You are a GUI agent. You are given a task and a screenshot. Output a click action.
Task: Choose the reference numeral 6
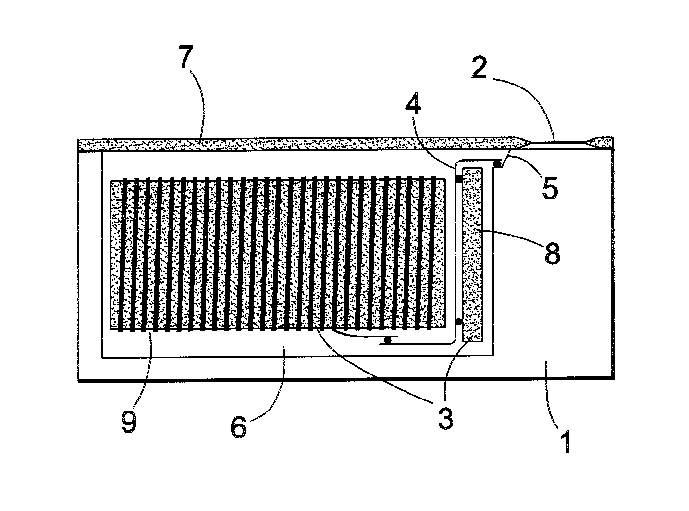click(x=239, y=426)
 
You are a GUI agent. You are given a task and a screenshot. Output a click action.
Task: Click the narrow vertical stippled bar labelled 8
click(x=472, y=255)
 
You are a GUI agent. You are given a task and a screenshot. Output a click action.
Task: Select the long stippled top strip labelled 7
click(x=288, y=144)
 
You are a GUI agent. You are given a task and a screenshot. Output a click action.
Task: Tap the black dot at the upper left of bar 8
click(x=458, y=179)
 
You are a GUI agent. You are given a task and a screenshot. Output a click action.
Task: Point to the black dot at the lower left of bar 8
click(x=459, y=321)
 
